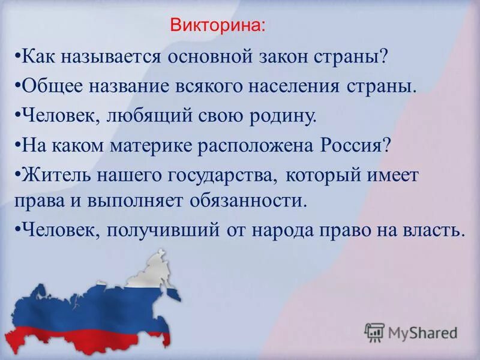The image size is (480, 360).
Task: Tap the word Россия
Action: pos(350,145)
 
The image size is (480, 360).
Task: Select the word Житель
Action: pos(53,175)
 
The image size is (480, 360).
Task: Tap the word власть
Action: pos(427,230)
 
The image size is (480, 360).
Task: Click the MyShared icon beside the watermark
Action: pos(374,332)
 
